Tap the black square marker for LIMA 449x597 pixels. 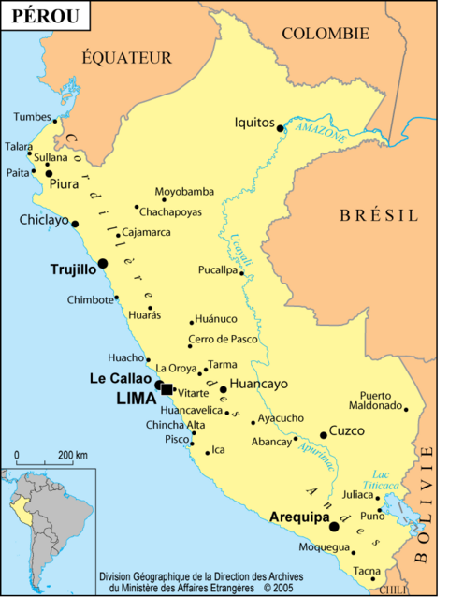point(167,389)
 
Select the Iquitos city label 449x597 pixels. point(254,123)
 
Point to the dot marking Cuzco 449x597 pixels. point(324,434)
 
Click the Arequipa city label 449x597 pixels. point(299,516)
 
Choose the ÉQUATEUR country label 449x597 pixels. point(126,58)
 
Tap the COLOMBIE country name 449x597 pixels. point(326,34)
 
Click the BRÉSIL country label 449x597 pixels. point(379,215)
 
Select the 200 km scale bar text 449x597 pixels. point(73,455)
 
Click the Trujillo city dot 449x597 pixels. point(103,263)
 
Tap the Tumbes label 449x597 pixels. point(32,117)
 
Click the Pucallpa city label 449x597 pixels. point(217,269)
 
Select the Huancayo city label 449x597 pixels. point(258,384)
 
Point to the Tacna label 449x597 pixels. point(367,571)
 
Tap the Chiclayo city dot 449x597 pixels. point(75,224)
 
